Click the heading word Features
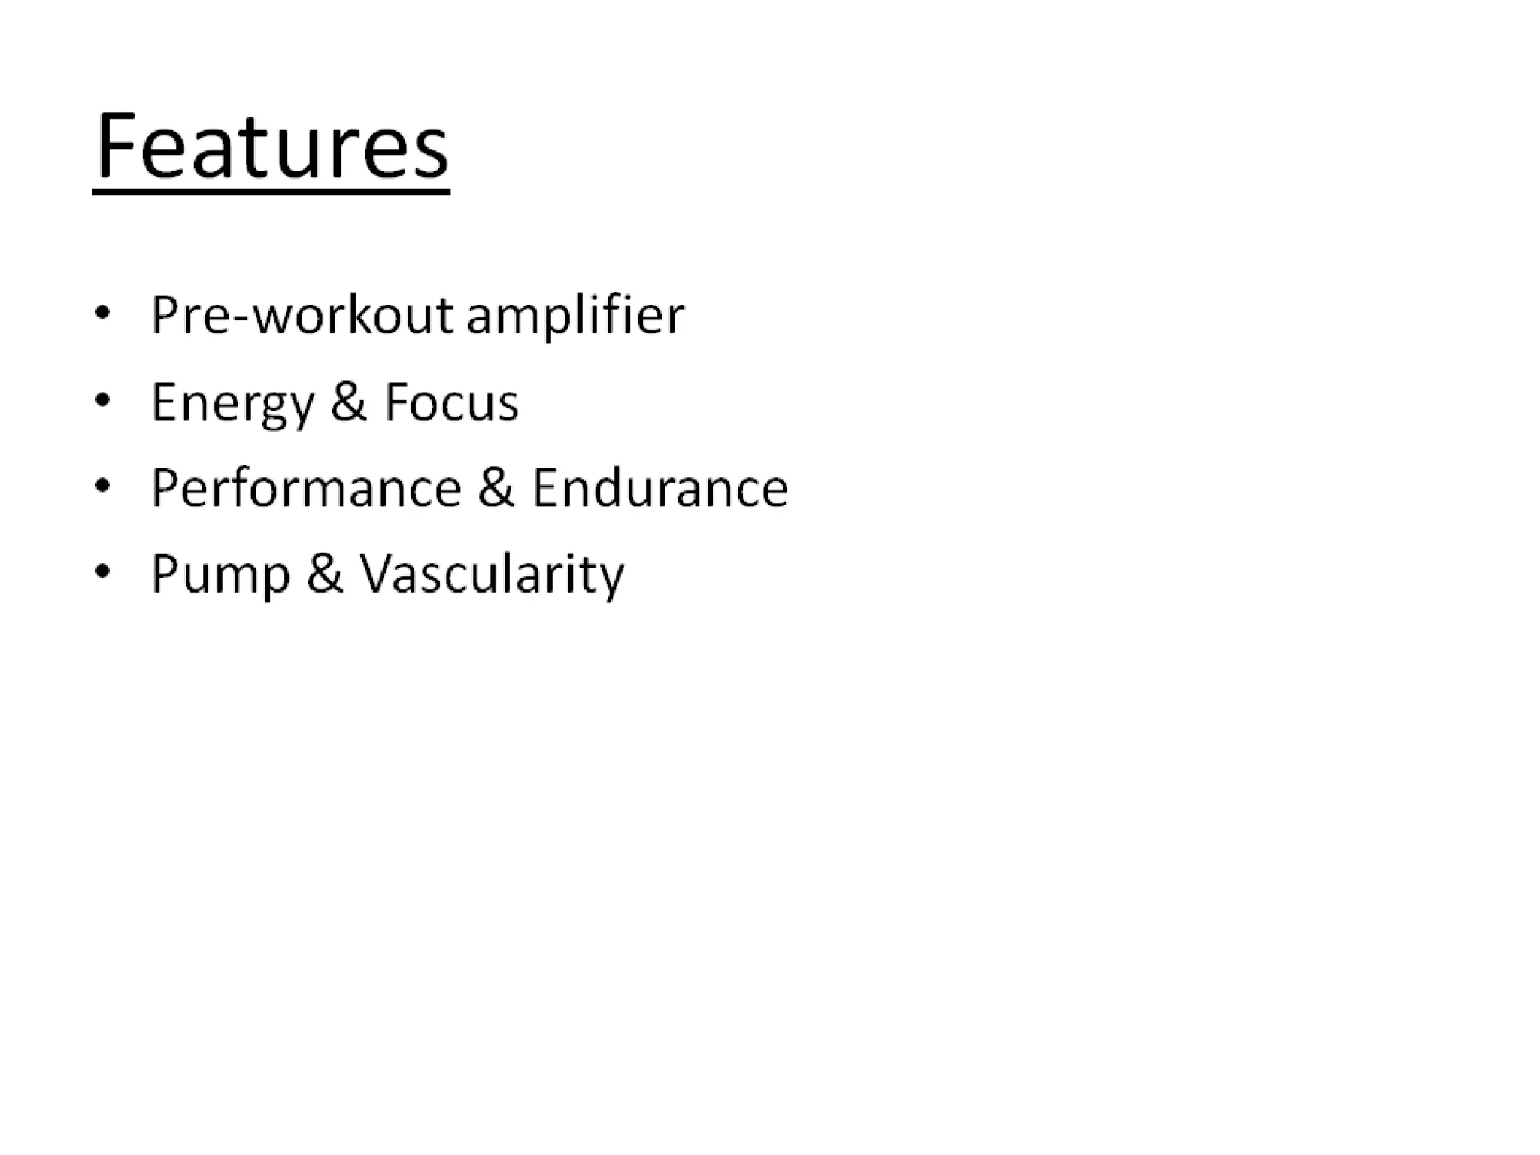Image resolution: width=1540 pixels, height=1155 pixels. click(x=272, y=146)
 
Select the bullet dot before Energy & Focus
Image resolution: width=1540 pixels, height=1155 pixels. click(x=102, y=399)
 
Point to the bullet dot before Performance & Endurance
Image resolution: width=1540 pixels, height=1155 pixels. click(x=102, y=486)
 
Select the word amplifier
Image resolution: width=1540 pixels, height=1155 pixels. click(x=575, y=316)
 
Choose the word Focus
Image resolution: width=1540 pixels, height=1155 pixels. click(x=451, y=402)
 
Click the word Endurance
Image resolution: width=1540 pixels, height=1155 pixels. click(x=659, y=488)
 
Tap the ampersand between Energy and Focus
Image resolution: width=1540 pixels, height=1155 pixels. click(x=348, y=402)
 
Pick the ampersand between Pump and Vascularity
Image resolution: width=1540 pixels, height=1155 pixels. click(x=324, y=574)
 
